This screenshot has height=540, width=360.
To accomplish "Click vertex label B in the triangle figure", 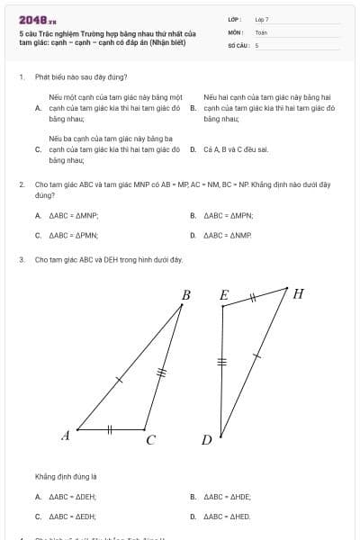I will [186, 295].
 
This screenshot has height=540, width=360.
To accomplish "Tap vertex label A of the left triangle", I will [66, 436].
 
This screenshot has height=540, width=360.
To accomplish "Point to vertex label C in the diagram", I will [150, 440].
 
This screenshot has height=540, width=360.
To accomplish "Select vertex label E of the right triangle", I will [224, 295].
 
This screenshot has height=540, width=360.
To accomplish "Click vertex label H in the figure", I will [298, 293].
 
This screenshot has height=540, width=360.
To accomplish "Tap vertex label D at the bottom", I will [206, 440].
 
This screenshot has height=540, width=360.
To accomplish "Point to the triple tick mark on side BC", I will [162, 371].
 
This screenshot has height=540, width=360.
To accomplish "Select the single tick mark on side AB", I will [119, 380].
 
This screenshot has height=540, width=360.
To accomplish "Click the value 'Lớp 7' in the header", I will [262, 19].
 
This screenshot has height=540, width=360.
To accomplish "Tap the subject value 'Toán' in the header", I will [261, 31].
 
